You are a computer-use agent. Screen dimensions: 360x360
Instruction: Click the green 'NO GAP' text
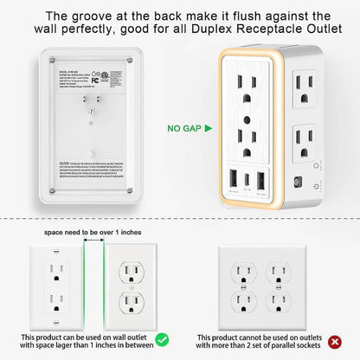pos(184,129)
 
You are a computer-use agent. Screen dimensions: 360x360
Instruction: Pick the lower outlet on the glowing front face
pos(247,139)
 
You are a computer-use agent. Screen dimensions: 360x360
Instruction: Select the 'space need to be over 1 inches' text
pos(82,233)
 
